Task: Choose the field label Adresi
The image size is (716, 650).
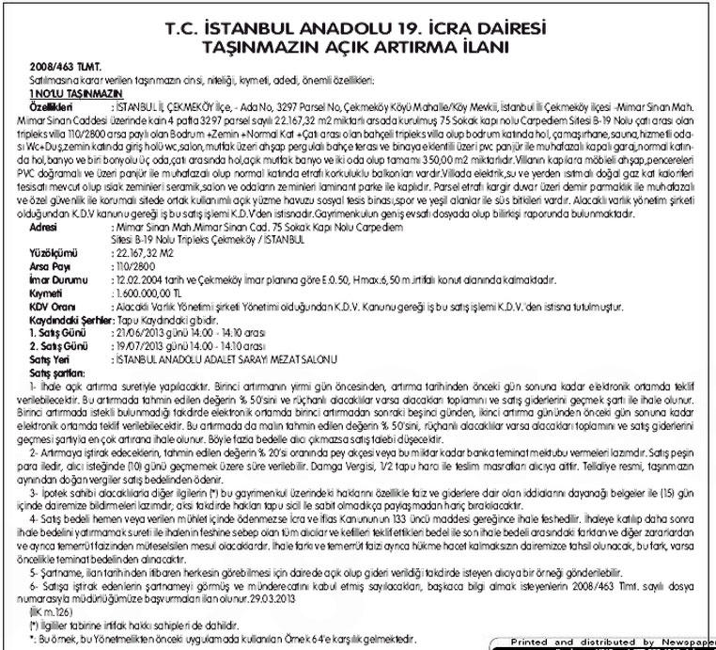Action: pyautogui.click(x=47, y=229)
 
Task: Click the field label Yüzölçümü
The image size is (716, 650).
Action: pyautogui.click(x=53, y=254)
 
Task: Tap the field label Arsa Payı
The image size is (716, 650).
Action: pyautogui.click(x=49, y=267)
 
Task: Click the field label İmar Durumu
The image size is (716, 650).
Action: pyautogui.click(x=55, y=280)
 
